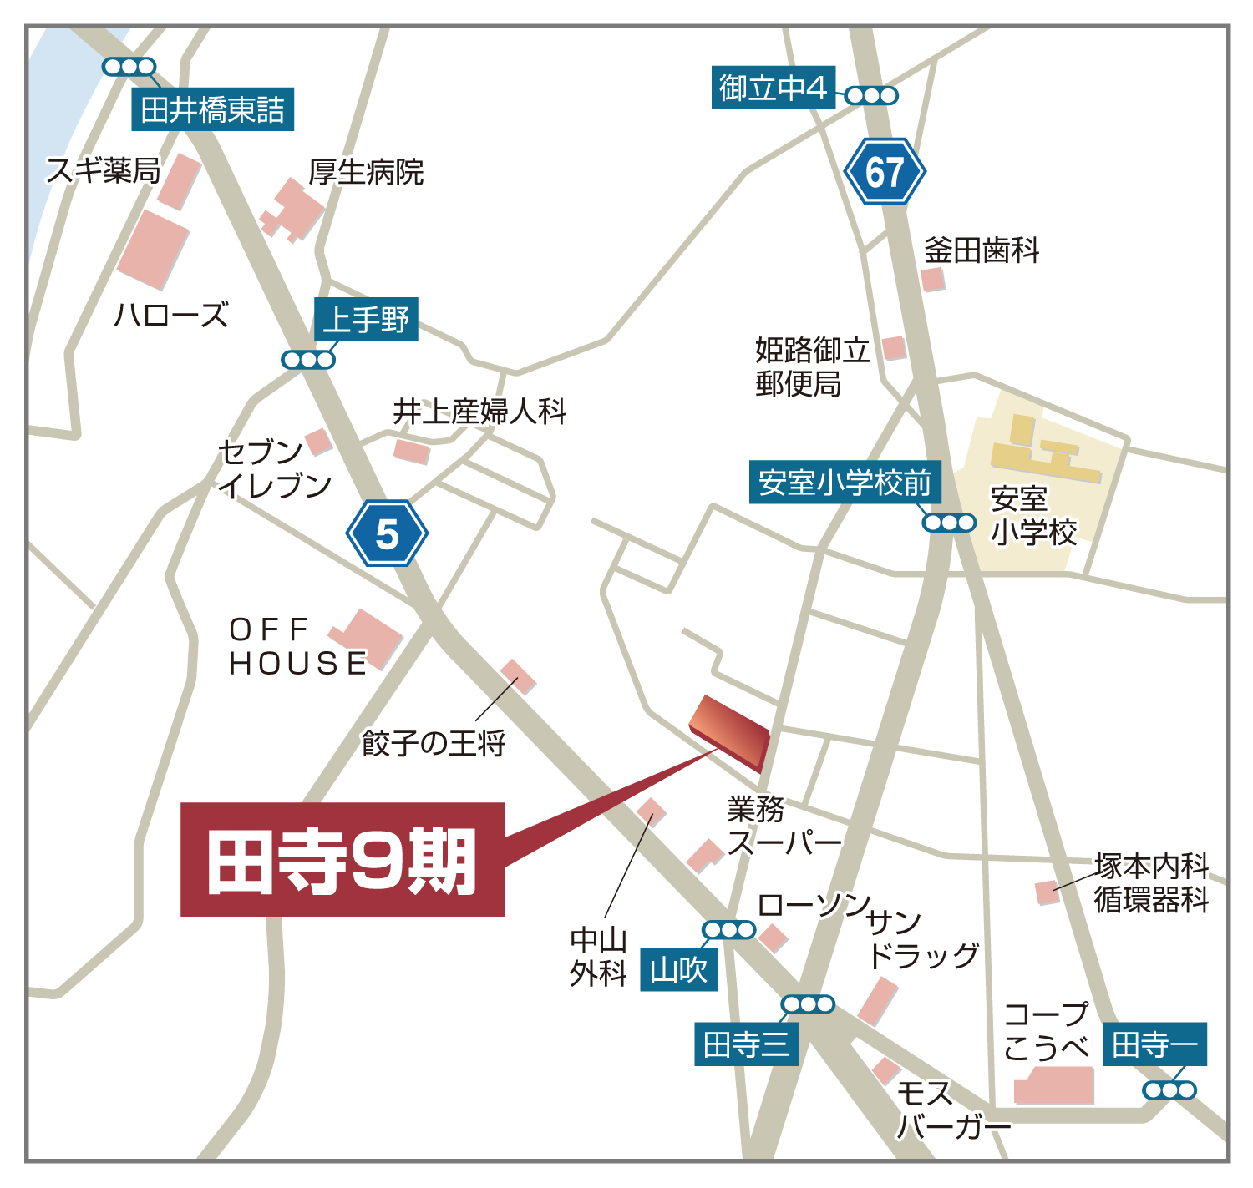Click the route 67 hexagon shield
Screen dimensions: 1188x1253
pyautogui.click(x=885, y=172)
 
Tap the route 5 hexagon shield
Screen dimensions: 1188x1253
pyautogui.click(x=387, y=533)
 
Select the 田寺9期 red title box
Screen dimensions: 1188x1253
pyautogui.click(x=342, y=860)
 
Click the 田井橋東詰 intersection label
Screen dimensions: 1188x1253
pyautogui.click(x=213, y=109)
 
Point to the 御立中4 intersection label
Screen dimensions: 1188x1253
pyautogui.click(x=773, y=88)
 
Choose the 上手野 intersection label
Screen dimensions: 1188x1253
pyautogui.click(x=366, y=319)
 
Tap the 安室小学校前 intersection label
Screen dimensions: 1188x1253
pyautogui.click(x=845, y=482)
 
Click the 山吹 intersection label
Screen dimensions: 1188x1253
pyautogui.click(x=678, y=970)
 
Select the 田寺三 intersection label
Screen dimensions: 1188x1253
pyautogui.click(x=746, y=1044)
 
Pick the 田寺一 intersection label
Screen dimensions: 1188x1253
pyautogui.click(x=1155, y=1044)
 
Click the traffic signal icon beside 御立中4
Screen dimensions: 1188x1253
pyautogui.click(x=871, y=96)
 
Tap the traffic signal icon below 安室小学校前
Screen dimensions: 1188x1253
pyautogui.click(x=949, y=523)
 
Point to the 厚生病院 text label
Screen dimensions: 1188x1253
pyautogui.click(x=366, y=172)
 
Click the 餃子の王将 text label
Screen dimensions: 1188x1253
pyautogui.click(x=434, y=742)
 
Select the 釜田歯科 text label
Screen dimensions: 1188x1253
pyautogui.click(x=982, y=250)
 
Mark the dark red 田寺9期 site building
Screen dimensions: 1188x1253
pyautogui.click(x=729, y=731)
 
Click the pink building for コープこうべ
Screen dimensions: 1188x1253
pyautogui.click(x=1053, y=1085)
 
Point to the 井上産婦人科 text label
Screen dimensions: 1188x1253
pyautogui.click(x=479, y=412)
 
